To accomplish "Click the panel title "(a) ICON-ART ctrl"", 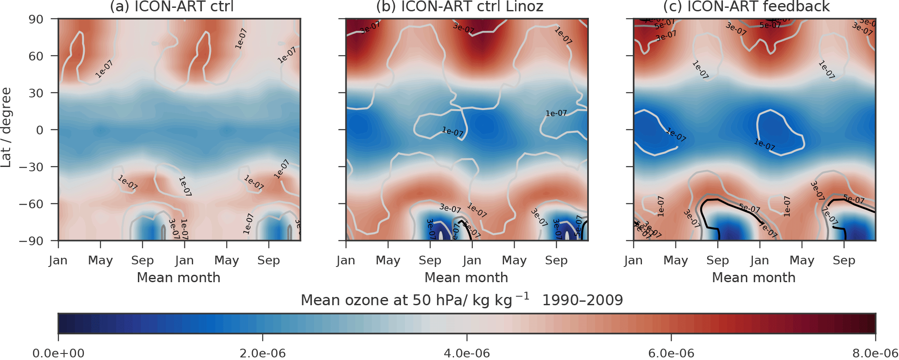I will (x=172, y=7).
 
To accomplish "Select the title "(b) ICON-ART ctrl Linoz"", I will (x=460, y=7).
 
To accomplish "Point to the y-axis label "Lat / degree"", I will (x=6, y=127).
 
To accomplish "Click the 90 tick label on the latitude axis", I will (x=36, y=20).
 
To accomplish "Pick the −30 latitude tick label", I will (x=31, y=167).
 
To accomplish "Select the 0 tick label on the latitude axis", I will (x=40, y=130).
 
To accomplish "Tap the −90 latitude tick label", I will (x=31, y=241).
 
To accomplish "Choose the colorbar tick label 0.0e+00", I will (x=59, y=353).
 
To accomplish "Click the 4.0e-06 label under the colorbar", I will (x=467, y=353).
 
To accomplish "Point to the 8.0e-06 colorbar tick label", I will (x=874, y=353).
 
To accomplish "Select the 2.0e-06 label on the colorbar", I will (x=263, y=353).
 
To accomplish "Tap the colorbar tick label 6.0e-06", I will (x=671, y=353).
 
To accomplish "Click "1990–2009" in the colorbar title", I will (x=582, y=300).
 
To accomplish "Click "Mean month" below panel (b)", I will (x=466, y=277).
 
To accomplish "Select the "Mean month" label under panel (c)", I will (x=754, y=277).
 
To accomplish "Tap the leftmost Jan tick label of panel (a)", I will (x=58, y=260).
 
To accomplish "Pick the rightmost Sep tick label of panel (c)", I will (x=844, y=260).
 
